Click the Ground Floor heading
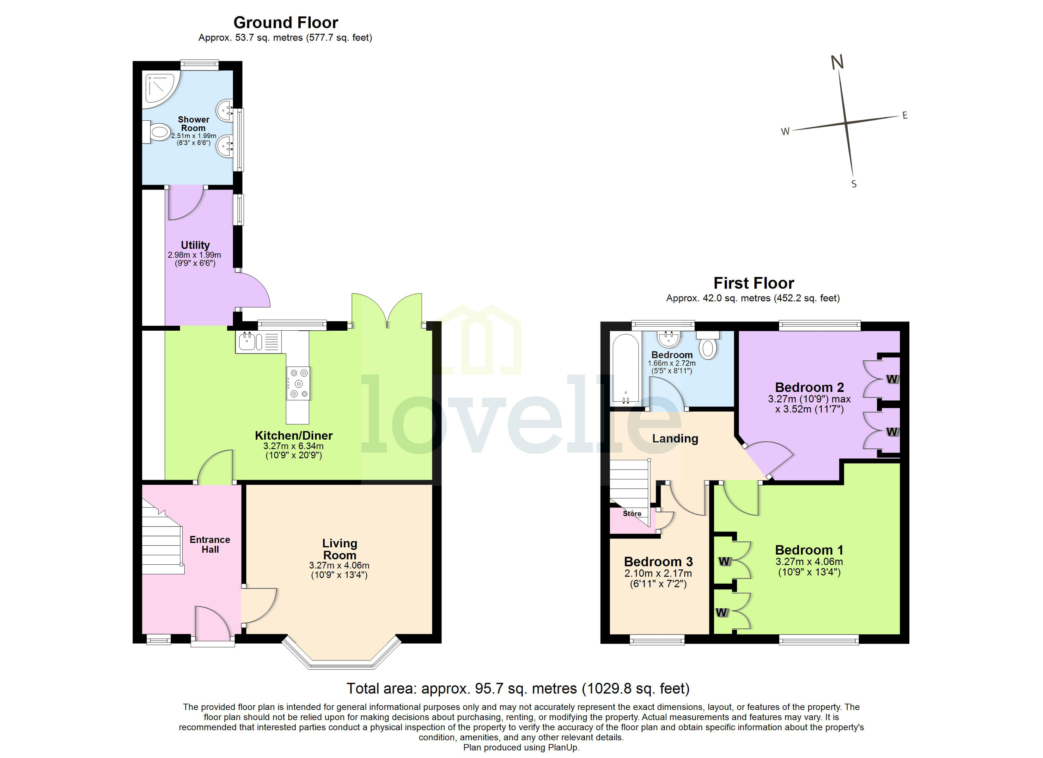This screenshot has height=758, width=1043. [x=286, y=22]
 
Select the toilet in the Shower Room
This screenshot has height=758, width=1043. [x=156, y=132]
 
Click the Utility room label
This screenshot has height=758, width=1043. [x=195, y=245]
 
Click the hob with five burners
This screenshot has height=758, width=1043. [x=298, y=383]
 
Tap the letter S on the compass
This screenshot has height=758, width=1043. [x=854, y=184]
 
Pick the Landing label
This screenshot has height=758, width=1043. [x=675, y=438]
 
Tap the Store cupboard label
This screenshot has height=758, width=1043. [x=632, y=514]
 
